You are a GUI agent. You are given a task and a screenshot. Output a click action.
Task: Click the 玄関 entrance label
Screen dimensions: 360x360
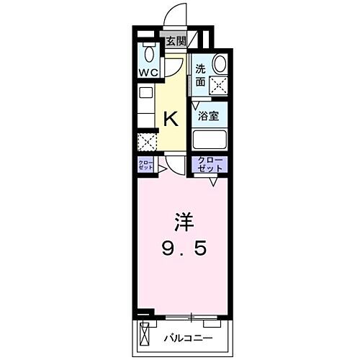(175, 41)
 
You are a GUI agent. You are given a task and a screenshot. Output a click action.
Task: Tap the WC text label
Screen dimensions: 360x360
(149, 73)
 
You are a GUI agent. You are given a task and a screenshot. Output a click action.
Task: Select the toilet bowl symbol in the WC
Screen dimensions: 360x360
(150, 54)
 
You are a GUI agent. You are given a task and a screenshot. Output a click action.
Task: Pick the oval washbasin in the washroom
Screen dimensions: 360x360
(220, 63)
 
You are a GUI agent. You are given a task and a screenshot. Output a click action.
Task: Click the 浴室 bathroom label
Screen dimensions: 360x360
(209, 114)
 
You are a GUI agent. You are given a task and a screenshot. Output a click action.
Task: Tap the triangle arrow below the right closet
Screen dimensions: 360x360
(213, 182)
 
